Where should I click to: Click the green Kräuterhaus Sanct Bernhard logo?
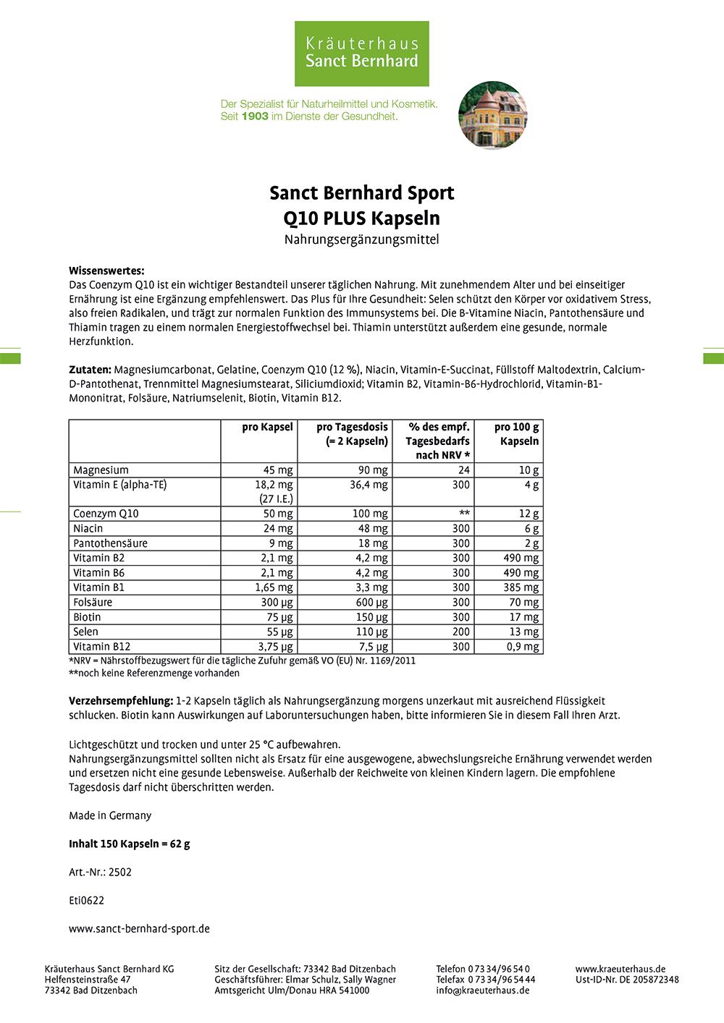pyautogui.click(x=361, y=54)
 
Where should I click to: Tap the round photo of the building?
pyautogui.click(x=493, y=115)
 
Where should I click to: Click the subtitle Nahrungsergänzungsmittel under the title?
pyautogui.click(x=361, y=239)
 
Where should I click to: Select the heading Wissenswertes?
pyautogui.click(x=106, y=271)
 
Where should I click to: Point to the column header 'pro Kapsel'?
pyautogui.click(x=267, y=427)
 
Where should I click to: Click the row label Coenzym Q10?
pyautogui.click(x=106, y=514)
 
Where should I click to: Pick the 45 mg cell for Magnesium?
pyautogui.click(x=278, y=470)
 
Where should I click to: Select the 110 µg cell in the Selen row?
pyautogui.click(x=372, y=632)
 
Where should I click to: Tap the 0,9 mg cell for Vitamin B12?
pyautogui.click(x=523, y=647)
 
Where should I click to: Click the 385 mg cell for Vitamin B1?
pyautogui.click(x=521, y=587)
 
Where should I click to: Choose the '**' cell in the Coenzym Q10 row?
pyautogui.click(x=464, y=514)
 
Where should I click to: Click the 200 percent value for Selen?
pyautogui.click(x=460, y=632)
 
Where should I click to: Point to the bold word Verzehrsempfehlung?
pyautogui.click(x=121, y=701)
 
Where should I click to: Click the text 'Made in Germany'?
pyautogui.click(x=110, y=815)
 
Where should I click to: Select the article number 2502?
pyautogui.click(x=120, y=872)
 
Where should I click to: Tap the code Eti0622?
pyautogui.click(x=86, y=900)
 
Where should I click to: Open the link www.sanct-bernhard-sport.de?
pyautogui.click(x=139, y=928)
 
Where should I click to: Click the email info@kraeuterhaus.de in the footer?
pyautogui.click(x=482, y=990)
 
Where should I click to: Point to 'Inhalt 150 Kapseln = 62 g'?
pyautogui.click(x=130, y=844)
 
